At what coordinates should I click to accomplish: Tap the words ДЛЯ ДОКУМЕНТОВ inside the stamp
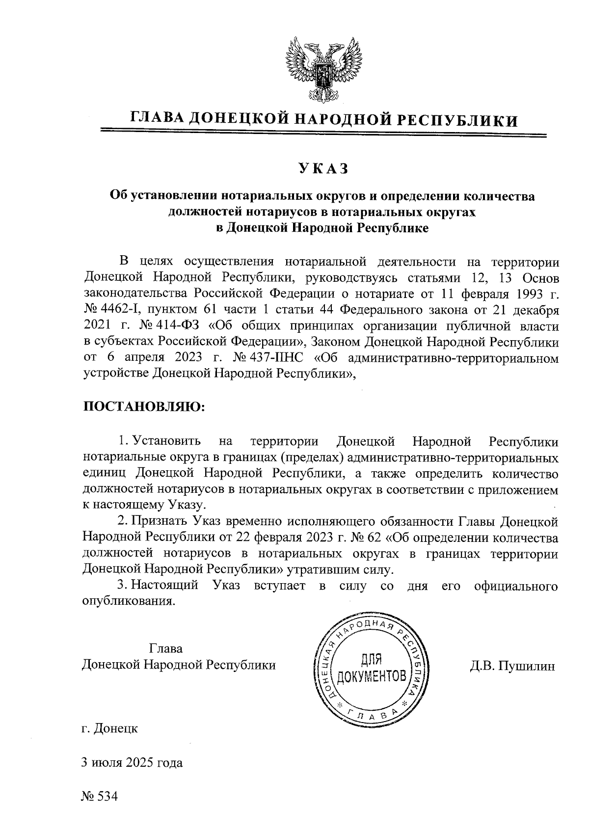click(x=371, y=668)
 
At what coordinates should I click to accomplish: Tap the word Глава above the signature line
click(x=166, y=648)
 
